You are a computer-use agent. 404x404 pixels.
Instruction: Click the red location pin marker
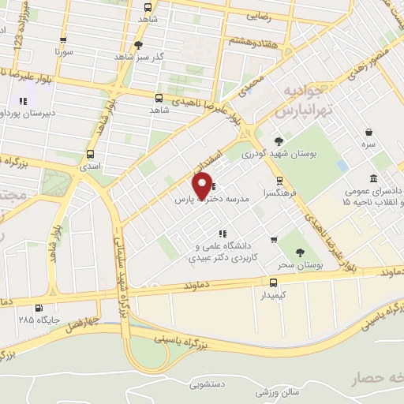point(203,185)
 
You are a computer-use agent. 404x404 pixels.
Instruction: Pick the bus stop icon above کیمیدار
point(273,282)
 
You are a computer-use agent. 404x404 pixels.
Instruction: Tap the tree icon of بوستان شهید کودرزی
point(278,140)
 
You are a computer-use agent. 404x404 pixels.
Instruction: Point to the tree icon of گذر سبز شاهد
point(139,45)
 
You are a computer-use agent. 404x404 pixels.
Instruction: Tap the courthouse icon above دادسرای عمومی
point(373,178)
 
